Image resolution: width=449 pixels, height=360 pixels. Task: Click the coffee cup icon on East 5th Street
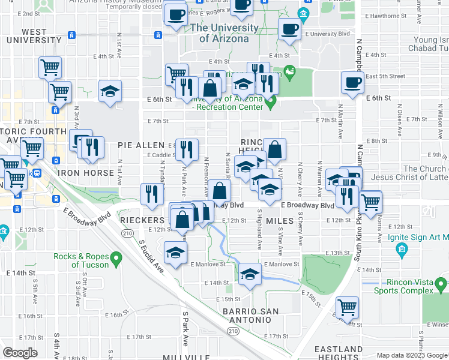tap(352, 82)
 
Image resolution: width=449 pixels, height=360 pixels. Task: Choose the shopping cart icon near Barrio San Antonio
tap(347, 307)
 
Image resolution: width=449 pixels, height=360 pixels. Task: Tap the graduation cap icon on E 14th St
tap(250, 274)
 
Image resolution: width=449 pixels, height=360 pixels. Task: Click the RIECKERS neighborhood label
tap(142, 220)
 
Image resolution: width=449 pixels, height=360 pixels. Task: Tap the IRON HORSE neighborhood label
tap(86, 173)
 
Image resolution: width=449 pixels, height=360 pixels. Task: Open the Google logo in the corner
tap(20, 353)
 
